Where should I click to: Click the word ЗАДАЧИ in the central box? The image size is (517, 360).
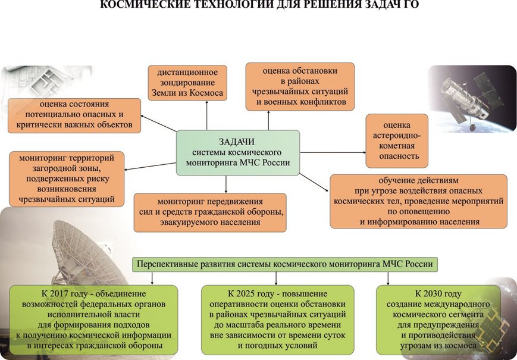coord(237,142)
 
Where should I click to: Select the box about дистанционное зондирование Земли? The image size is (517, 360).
coord(187,83)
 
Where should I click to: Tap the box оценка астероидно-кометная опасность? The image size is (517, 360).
coord(397,141)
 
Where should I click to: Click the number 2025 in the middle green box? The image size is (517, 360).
coord(246,293)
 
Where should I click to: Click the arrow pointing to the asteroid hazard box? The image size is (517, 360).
coord(333,152)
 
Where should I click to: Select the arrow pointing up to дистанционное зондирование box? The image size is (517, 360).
coord(206,115)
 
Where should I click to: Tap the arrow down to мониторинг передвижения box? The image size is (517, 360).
coord(226,184)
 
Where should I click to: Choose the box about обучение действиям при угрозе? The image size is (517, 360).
coord(418,201)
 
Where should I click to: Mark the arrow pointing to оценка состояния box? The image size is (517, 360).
coord(159,123)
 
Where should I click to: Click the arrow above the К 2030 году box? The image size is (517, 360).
coord(388,278)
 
